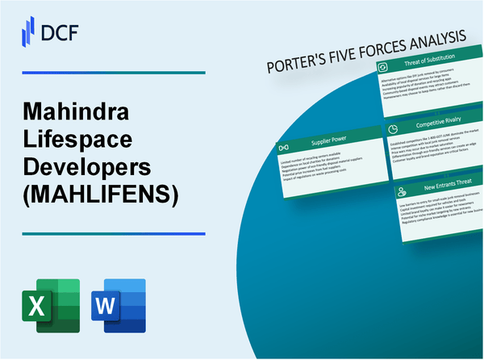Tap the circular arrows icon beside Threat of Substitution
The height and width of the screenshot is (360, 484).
(384, 67)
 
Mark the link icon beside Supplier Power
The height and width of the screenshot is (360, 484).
(285, 149)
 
